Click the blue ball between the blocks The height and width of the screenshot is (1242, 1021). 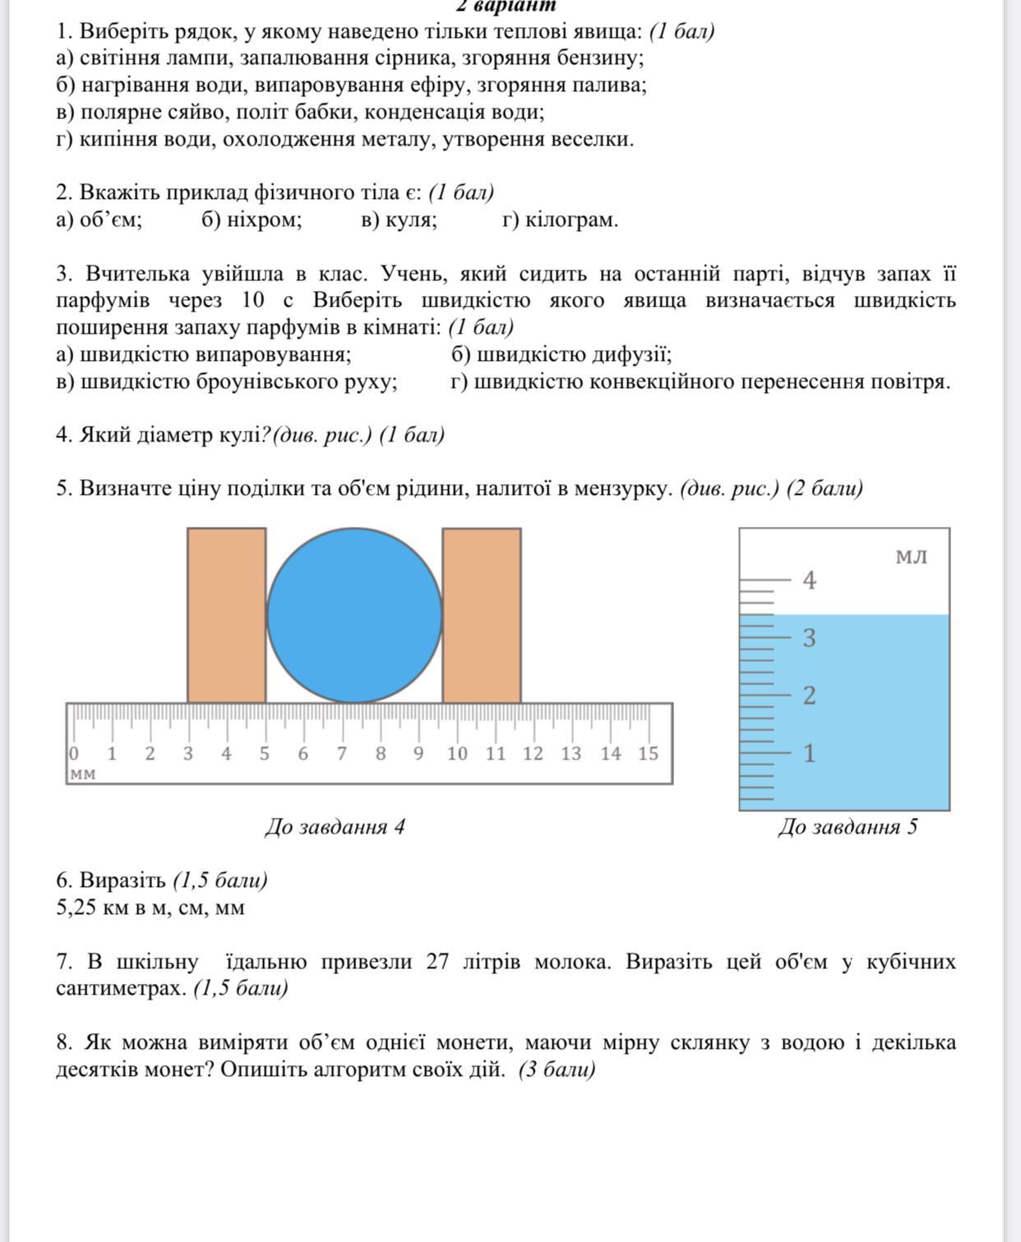coord(354,615)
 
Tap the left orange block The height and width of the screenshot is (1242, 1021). coord(226,615)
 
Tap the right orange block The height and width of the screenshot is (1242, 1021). coord(482,615)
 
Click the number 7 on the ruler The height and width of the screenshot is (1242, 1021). coord(341,754)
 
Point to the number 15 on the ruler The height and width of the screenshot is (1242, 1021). coord(648,754)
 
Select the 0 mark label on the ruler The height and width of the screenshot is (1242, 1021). coord(74,754)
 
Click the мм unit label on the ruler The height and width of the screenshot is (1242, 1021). coord(82,774)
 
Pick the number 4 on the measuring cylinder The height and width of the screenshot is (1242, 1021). coord(810,580)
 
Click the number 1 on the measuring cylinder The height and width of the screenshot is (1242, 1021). coord(810,753)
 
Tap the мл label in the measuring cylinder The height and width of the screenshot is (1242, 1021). coord(911,557)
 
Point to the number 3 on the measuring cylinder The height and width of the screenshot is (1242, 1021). coord(810,638)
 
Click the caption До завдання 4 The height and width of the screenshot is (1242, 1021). coord(335,827)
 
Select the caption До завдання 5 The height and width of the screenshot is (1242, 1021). coord(848,827)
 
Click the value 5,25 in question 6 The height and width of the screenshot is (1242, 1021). coord(77,908)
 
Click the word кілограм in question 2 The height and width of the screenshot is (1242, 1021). coord(571,220)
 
